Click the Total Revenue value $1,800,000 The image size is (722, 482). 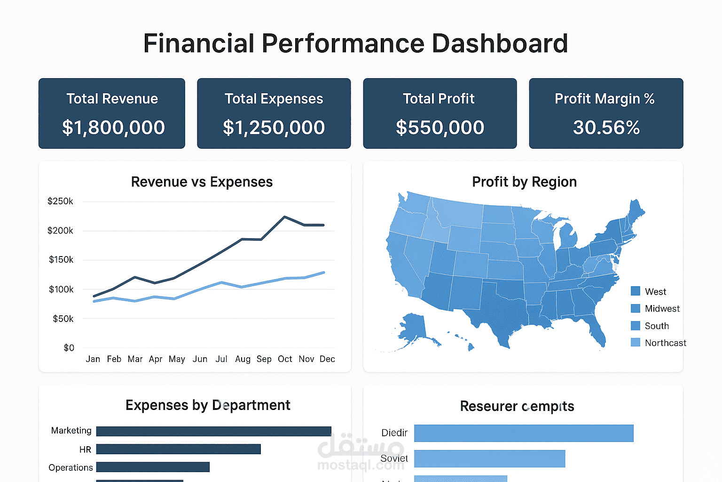pos(113,128)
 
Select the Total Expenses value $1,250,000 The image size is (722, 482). pos(274,128)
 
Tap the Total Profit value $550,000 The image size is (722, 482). pos(439,128)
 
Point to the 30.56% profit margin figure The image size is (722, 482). pos(606,128)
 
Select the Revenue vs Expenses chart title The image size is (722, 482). pos(202,182)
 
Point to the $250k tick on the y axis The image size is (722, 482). pos(60,201)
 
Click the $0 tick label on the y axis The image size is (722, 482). pos(69,348)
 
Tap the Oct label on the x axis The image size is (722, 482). pos(285,359)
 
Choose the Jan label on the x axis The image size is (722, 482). pos(93,359)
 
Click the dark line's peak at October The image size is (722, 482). pos(284,217)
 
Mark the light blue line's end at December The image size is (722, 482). pos(324,273)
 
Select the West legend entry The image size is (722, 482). pos(655,291)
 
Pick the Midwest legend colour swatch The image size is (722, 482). pos(636,308)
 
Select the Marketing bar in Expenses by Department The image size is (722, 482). pos(213,431)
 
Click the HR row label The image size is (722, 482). pos(85,450)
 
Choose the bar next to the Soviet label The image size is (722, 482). pos(489,458)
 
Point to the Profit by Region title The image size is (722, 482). pos(524,182)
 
